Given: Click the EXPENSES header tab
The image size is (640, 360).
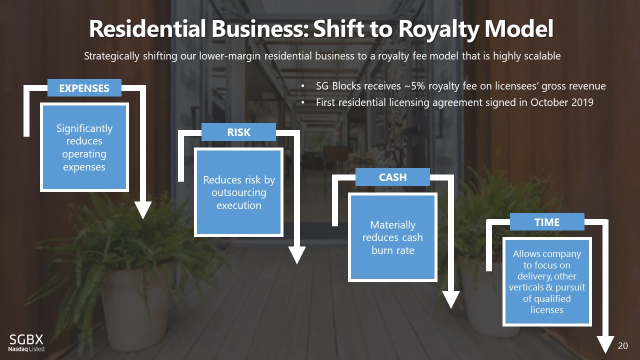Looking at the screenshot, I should pyautogui.click(x=84, y=88).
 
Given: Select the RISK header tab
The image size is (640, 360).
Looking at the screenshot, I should pyautogui.click(x=238, y=132).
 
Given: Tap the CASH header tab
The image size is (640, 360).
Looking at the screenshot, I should pyautogui.click(x=392, y=177).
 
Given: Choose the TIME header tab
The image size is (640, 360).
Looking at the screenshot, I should pyautogui.click(x=546, y=222).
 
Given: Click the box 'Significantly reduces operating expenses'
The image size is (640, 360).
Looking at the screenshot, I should pyautogui.click(x=84, y=147).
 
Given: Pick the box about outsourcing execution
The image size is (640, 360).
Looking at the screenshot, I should pyautogui.click(x=238, y=192).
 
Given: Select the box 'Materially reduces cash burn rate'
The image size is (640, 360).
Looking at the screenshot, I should pyautogui.click(x=392, y=237).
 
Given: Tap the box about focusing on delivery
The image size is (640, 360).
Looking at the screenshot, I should pyautogui.click(x=546, y=282).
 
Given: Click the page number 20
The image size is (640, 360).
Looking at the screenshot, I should pyautogui.click(x=622, y=346).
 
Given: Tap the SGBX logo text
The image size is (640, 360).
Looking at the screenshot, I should pyautogui.click(x=23, y=340).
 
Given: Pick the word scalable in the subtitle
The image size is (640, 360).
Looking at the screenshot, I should pyautogui.click(x=541, y=56).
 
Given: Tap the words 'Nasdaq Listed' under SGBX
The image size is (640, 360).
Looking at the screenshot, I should pyautogui.click(x=26, y=348).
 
